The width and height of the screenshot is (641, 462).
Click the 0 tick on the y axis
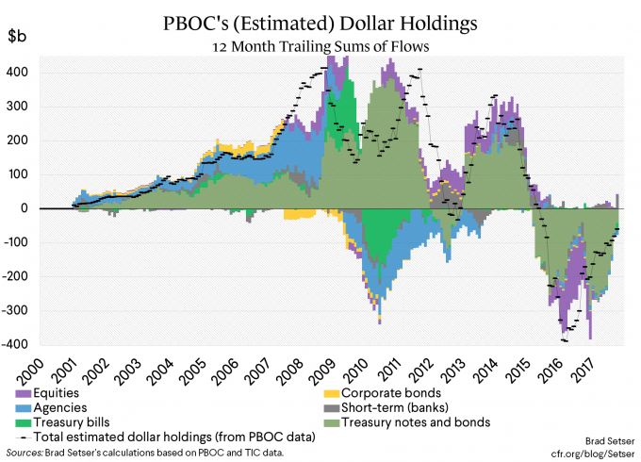click(x=28, y=208)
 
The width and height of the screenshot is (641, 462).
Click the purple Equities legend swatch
click(x=21, y=392)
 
